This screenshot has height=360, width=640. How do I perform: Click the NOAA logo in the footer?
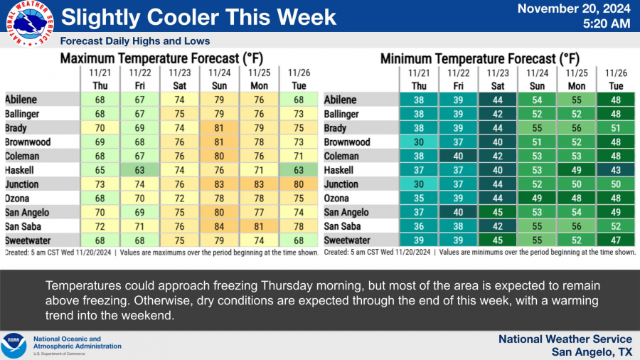click(x=14, y=346)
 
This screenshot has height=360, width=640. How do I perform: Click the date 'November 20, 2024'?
click(x=574, y=9)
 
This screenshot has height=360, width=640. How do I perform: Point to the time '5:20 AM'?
click(x=606, y=24)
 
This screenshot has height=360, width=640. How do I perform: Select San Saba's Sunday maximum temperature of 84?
click(x=218, y=226)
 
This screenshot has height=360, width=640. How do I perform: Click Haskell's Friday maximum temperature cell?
click(x=139, y=170)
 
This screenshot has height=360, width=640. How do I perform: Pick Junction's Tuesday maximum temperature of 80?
click(x=298, y=184)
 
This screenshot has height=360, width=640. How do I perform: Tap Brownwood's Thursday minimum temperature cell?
click(x=418, y=142)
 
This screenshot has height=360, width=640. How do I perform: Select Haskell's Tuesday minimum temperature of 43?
click(x=614, y=170)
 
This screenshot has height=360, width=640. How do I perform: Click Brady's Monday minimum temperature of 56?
click(x=575, y=128)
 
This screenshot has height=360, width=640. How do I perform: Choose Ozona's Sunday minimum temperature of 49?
click(x=536, y=198)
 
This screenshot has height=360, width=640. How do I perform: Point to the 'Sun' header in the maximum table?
click(x=218, y=85)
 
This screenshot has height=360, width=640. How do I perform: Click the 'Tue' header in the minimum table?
click(x=614, y=85)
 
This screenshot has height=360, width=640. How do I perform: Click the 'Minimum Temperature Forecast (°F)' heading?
click(x=480, y=58)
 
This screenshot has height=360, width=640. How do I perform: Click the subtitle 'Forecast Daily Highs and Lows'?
click(x=135, y=41)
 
